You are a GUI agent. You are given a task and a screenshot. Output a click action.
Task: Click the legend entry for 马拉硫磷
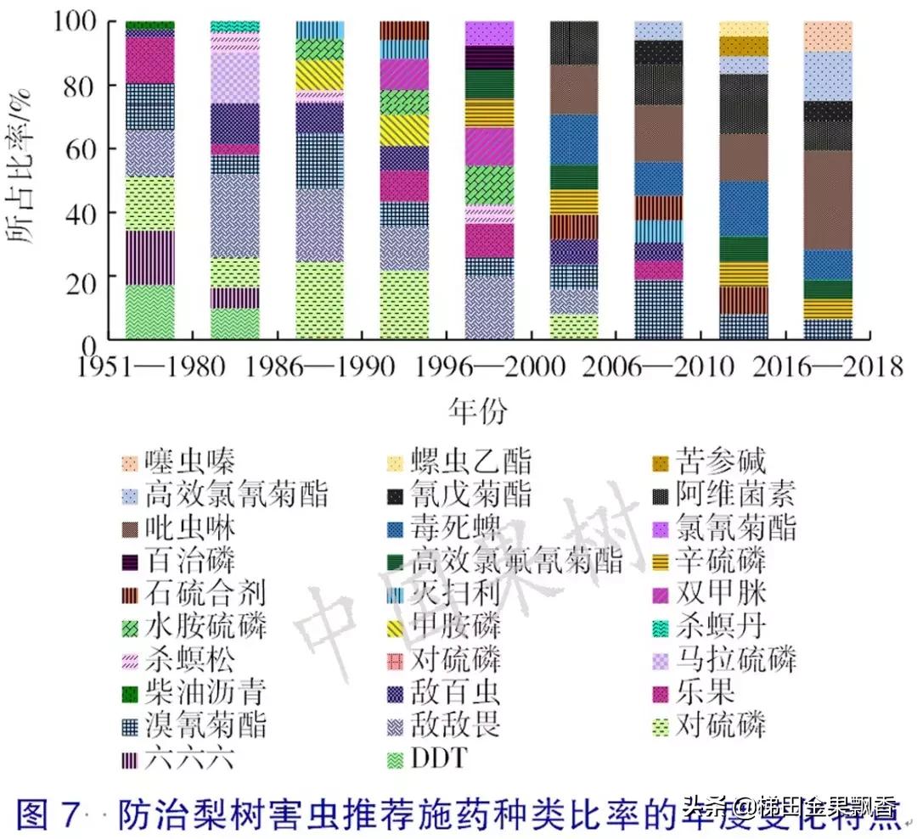[735, 658]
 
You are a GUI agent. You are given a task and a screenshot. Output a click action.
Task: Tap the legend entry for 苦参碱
[718, 462]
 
